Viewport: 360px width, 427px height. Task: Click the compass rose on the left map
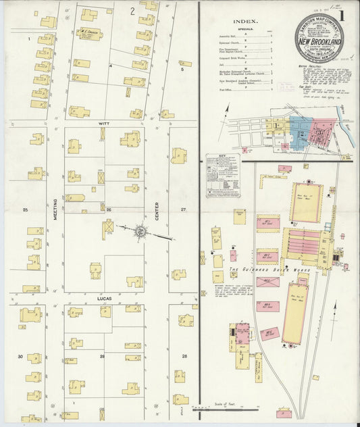140,231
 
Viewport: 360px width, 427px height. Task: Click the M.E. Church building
91,33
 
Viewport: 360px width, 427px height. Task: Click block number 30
20,356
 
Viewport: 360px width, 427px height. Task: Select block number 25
25,210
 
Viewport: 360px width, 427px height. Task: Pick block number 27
182,210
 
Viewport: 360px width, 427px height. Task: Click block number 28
183,355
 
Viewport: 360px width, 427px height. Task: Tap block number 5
181,68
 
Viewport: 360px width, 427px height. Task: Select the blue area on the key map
297,126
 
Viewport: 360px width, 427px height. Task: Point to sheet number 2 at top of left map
132,11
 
